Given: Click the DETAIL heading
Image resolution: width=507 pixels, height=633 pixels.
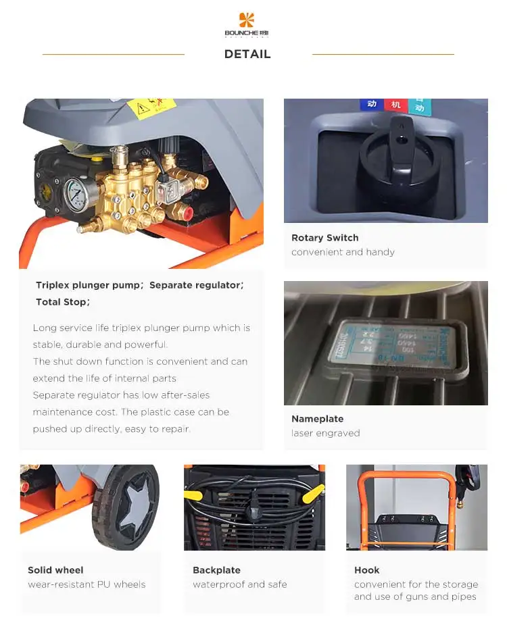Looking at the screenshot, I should [x=247, y=54].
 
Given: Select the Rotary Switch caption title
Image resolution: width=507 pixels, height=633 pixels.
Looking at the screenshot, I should [x=324, y=238].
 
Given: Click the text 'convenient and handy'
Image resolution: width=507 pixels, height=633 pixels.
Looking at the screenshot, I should [x=343, y=252].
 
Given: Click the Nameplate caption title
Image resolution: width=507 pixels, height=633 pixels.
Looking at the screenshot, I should [x=317, y=419].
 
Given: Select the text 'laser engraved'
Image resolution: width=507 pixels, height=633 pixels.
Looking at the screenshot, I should [x=325, y=433].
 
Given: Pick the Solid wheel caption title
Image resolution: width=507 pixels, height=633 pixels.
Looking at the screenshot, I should [x=55, y=570].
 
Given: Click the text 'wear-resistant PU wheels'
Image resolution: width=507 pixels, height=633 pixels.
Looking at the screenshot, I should [x=87, y=584].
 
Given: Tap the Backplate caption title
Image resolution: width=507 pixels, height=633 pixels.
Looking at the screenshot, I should [x=216, y=570].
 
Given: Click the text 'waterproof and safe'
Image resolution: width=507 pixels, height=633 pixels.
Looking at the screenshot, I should [x=239, y=584].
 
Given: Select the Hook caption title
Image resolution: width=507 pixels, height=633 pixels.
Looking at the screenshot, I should [x=366, y=570].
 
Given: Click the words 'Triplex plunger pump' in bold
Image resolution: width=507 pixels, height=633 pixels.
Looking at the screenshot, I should [x=88, y=285].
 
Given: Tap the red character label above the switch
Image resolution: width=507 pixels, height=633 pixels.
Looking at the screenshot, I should [x=393, y=105].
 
